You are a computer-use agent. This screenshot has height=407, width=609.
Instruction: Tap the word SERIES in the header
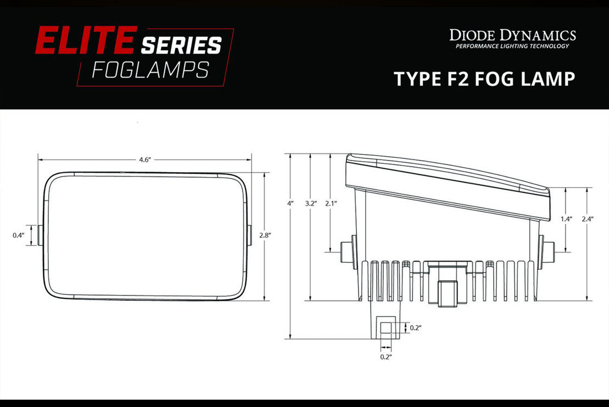tap(181, 46)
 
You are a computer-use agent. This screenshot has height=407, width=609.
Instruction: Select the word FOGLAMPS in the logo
tap(150, 70)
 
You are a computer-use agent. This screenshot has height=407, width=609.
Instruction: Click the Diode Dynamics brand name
tap(512, 36)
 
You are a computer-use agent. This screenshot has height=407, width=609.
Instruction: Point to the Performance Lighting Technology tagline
tap(512, 46)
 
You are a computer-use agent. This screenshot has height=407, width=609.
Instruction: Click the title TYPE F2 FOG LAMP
tap(484, 79)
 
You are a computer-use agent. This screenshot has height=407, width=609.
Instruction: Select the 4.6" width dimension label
tap(144, 159)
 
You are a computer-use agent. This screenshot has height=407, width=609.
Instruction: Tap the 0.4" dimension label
tap(19, 235)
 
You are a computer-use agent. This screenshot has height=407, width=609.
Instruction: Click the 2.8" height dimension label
tap(266, 235)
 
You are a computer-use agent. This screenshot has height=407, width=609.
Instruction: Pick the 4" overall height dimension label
tap(290, 203)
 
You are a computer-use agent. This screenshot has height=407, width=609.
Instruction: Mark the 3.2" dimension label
tap(311, 203)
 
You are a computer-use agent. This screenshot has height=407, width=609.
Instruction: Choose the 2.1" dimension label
tap(331, 203)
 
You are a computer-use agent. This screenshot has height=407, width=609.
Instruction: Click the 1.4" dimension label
tap(566, 219)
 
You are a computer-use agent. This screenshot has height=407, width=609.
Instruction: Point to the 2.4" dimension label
tap(587, 219)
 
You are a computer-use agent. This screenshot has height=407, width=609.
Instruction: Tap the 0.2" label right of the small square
tap(416, 328)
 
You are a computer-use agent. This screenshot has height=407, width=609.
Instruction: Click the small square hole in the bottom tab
tap(387, 328)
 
